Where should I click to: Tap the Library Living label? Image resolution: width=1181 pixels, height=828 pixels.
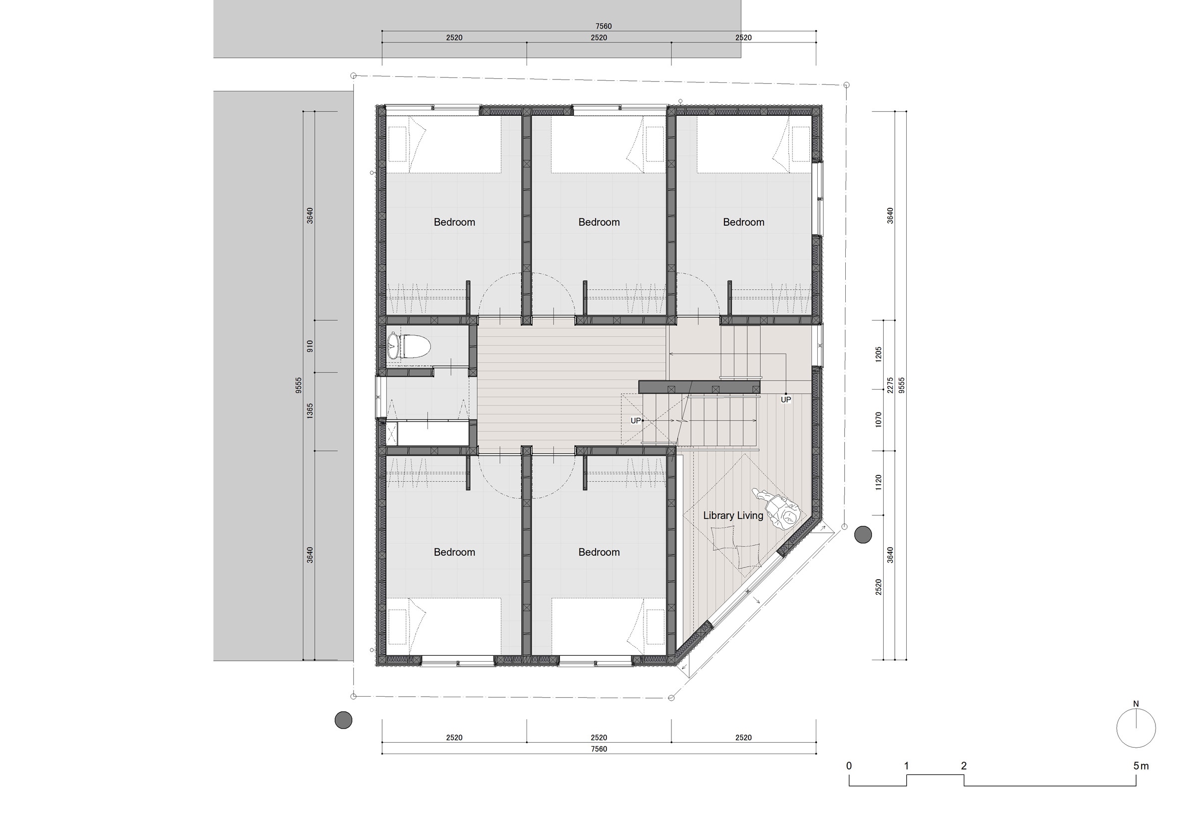(733, 515)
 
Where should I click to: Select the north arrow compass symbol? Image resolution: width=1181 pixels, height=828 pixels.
(1136, 728)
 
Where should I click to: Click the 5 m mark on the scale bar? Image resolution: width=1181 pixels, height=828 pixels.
(1141, 766)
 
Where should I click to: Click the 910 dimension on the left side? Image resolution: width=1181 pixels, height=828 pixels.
(310, 346)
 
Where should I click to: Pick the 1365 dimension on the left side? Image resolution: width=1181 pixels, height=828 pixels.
(310, 411)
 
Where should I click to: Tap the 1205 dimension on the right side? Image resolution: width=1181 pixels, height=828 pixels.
(879, 354)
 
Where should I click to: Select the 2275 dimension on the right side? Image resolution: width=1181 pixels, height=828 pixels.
(890, 385)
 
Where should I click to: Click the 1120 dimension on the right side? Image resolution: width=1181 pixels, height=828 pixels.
(879, 482)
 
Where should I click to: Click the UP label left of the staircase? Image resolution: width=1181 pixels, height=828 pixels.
(636, 420)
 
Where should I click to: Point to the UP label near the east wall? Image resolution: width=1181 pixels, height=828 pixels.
(786, 400)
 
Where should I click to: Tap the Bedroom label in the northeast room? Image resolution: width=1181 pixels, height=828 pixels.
(743, 222)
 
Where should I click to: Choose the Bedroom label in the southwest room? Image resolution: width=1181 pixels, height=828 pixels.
(454, 552)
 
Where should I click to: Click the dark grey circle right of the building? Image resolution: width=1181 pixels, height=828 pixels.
(863, 535)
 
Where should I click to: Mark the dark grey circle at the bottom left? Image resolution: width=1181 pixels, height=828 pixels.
(343, 720)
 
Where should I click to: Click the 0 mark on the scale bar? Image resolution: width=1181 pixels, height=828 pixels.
(849, 766)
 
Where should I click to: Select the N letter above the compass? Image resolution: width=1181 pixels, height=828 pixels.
(1136, 704)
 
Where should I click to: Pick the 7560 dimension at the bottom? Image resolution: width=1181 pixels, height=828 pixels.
(598, 749)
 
